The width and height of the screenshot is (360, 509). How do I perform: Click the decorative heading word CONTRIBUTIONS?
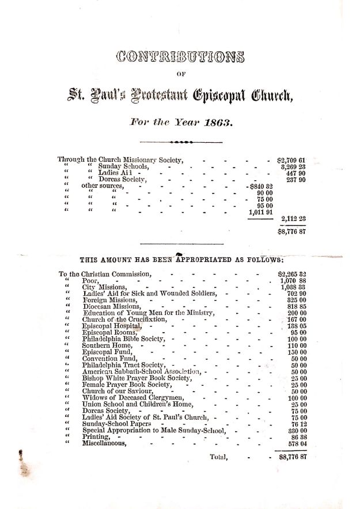(180, 57)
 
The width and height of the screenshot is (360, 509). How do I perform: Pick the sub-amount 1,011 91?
(259, 213)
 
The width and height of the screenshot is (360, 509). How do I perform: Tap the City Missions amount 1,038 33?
(293, 287)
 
